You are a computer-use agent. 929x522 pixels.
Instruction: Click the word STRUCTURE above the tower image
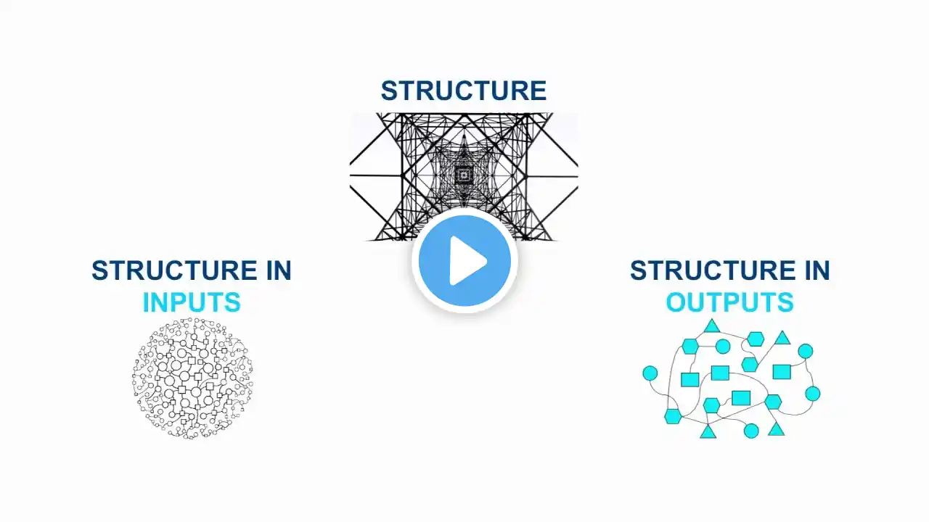(463, 91)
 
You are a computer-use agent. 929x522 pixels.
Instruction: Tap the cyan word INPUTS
(192, 302)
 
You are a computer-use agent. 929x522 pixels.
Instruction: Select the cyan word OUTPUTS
(729, 302)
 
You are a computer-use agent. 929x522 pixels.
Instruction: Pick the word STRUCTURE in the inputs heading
(170, 270)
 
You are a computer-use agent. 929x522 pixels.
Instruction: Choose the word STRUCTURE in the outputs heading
(708, 270)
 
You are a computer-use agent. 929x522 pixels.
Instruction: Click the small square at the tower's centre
(463, 175)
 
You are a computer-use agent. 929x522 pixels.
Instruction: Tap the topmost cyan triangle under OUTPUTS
(711, 326)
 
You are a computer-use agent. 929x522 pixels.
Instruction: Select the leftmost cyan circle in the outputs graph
(650, 373)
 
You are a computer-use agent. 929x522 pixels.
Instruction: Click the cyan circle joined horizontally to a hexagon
(723, 347)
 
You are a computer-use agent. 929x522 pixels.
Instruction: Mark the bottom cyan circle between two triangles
(751, 431)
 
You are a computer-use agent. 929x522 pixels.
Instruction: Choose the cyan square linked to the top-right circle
(781, 372)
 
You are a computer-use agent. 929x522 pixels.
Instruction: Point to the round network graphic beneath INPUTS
(192, 378)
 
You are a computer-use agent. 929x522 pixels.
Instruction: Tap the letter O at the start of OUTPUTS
(676, 302)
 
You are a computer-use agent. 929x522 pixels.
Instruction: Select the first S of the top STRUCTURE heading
(389, 91)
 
